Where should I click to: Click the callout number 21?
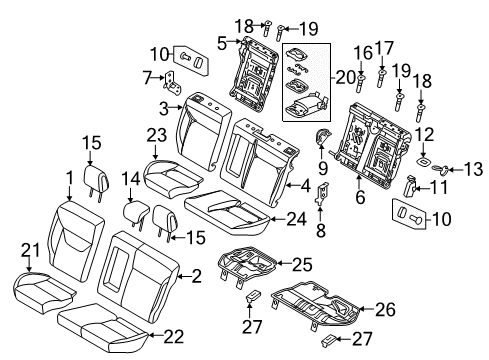[x=30, y=251]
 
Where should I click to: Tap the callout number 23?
[x=157, y=136]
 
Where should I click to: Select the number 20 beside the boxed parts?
[x=346, y=78]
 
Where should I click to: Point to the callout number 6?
[x=360, y=197]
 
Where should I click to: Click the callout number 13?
[x=473, y=169]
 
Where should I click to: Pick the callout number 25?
[x=303, y=265]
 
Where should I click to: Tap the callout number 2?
[x=197, y=276]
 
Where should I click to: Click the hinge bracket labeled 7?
[x=173, y=83]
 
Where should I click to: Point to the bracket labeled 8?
[x=322, y=194]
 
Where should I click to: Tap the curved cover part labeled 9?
[x=322, y=138]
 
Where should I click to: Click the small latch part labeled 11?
[x=410, y=186]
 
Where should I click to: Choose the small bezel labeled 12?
[x=425, y=161]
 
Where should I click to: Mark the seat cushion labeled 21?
[x=43, y=292]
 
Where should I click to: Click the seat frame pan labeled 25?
[x=247, y=264]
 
